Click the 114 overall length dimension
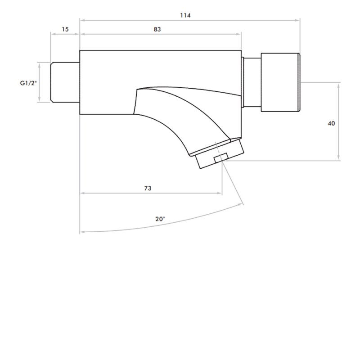coord(185,15)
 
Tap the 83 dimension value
coord(157,29)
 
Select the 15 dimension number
coord(65,29)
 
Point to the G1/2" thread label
coord(28,83)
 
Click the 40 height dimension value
coord(331,123)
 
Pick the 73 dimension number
coord(148,188)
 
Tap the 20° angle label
coord(160,219)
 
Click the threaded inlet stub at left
coord(65,82)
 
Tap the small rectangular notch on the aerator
coord(221,158)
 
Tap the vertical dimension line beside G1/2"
coord(40,82)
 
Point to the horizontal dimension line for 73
coord(112,194)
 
